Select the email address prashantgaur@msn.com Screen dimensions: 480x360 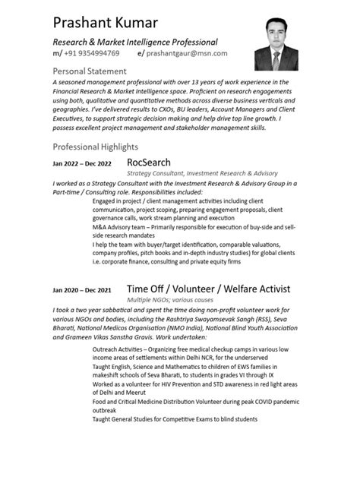(197, 54)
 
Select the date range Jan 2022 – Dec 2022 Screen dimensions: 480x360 (82, 164)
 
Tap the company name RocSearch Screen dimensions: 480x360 (149, 163)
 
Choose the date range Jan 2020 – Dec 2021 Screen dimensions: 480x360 (82, 290)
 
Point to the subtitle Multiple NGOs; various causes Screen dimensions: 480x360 (171, 301)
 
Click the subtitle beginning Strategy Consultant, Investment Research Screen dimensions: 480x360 (202, 174)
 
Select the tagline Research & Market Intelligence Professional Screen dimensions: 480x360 (135, 42)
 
